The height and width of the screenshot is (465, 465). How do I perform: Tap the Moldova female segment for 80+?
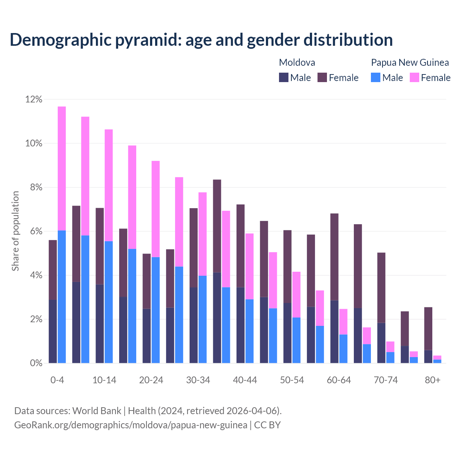[x=428, y=329]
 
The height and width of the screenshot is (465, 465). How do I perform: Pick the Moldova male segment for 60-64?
[x=334, y=332]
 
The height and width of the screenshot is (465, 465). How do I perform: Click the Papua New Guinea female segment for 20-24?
[x=155, y=209]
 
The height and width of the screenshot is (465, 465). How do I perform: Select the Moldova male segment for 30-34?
[x=194, y=325]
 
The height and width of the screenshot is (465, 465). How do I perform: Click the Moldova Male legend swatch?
[x=284, y=77]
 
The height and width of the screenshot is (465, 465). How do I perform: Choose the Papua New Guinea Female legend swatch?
[x=415, y=77]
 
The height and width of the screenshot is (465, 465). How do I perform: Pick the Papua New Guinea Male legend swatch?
[x=376, y=77]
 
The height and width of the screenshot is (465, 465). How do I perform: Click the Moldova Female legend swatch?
[x=322, y=77]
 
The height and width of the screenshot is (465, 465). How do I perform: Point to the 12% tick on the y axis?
[x=34, y=99]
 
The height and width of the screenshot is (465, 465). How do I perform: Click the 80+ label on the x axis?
[x=433, y=380]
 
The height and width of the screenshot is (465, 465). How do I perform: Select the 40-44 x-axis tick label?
[x=245, y=380]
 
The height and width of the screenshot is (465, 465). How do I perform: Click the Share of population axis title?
[x=15, y=231]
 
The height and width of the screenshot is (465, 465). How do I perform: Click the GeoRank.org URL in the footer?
[x=131, y=425]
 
